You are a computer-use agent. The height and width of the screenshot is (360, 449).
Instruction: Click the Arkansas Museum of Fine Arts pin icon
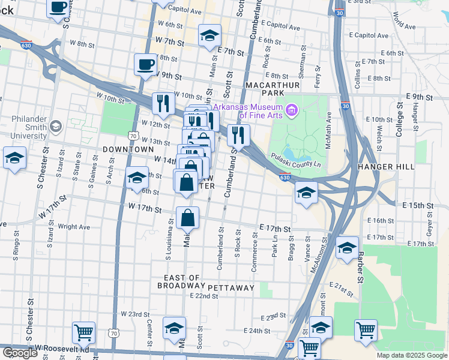pos(292,110)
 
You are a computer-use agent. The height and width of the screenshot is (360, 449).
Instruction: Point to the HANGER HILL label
pos(384,166)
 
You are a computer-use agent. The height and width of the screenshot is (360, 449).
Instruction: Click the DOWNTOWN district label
pos(128,149)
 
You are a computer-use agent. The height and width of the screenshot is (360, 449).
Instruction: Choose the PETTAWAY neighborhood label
pos(232,288)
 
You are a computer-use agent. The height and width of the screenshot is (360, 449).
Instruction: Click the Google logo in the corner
pos(20,353)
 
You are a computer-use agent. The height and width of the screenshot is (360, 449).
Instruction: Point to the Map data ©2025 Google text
pos(411,355)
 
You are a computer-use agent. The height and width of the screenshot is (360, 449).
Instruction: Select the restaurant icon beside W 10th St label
pos(163,104)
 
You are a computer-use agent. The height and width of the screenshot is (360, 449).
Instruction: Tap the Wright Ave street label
pos(74,227)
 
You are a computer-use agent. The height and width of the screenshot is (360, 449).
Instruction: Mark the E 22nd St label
pos(203,296)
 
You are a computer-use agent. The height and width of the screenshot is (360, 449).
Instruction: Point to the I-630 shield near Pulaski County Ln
pos(285,177)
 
